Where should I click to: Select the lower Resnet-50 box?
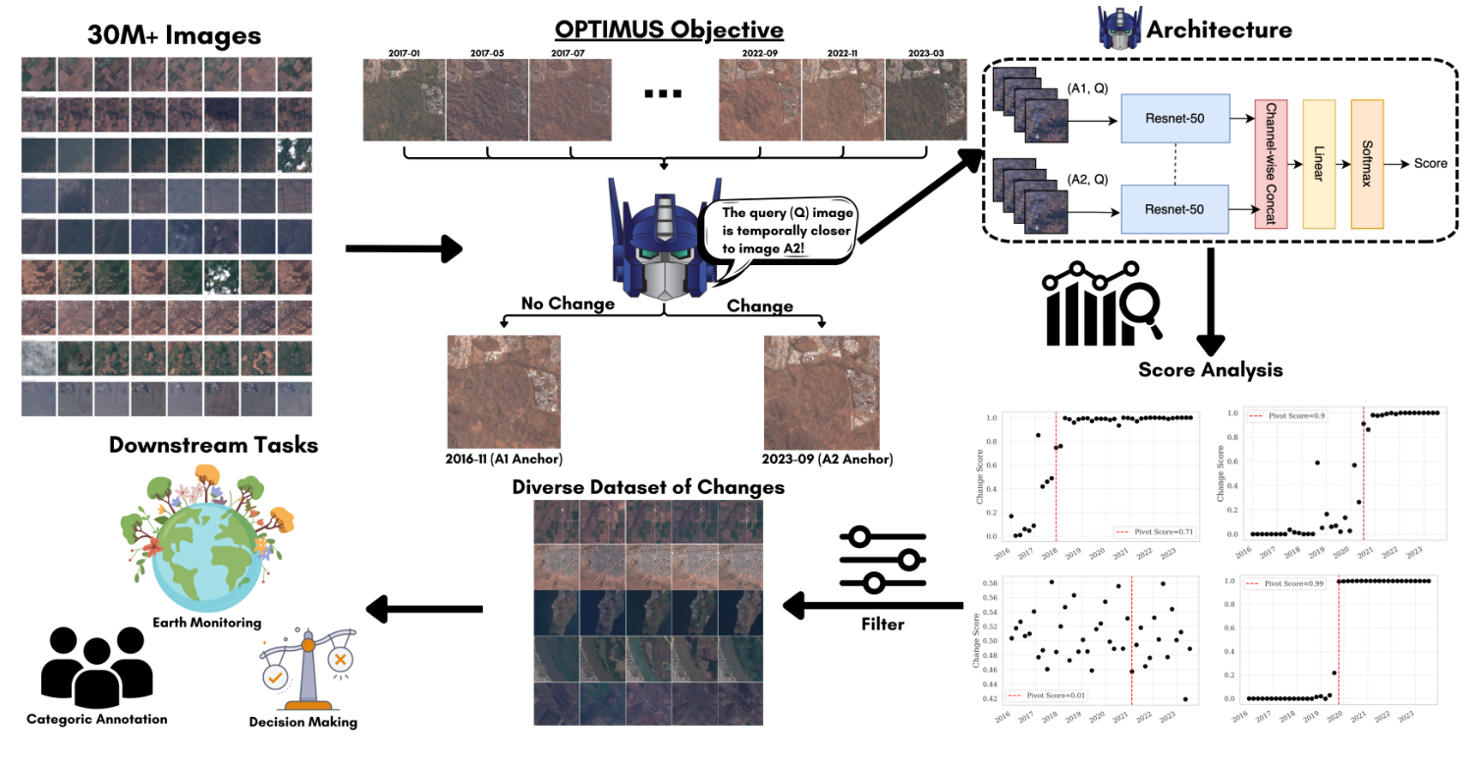pos(1174,209)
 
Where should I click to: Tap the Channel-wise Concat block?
pos(1271,163)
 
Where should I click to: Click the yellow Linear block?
pos(1319,163)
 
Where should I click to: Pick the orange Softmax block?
pos(1367,163)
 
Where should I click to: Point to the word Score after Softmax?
pos(1430,163)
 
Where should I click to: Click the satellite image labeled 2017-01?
pos(404,102)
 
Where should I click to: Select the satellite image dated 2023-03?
pos(926,102)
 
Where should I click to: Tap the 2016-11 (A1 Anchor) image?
pos(504,392)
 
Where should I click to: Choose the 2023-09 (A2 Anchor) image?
pos(821,392)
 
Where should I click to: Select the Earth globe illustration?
pos(207,538)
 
